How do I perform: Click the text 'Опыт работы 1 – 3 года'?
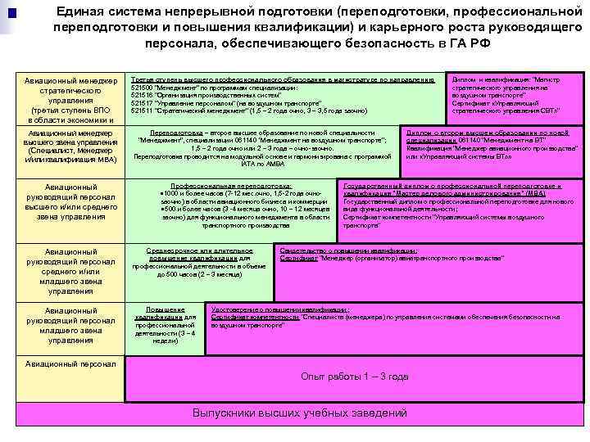coord(354,377)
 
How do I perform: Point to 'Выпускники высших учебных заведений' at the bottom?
coord(299,413)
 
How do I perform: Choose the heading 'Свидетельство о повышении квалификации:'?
coord(348,250)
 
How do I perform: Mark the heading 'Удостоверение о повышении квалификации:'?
coord(279,309)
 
